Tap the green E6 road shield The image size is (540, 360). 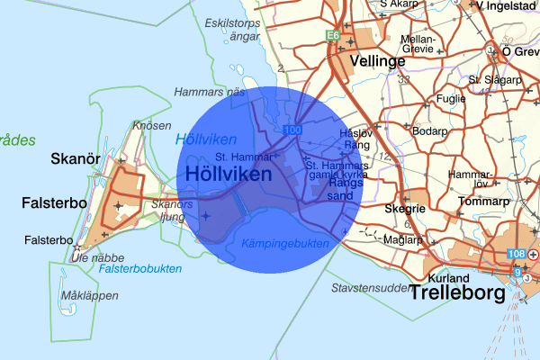(x=332, y=36)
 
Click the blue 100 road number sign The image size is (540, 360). (x=290, y=131)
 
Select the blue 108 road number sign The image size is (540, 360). (x=516, y=255)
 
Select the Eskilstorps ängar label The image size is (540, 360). (x=231, y=29)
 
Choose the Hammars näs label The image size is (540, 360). (x=210, y=93)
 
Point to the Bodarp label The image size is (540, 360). (x=427, y=130)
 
